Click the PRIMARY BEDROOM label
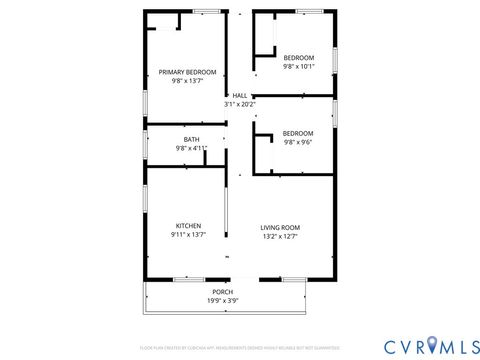[x=187, y=72]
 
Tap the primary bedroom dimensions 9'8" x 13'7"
[x=187, y=81]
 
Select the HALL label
[x=240, y=95]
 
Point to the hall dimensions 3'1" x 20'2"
[x=240, y=104]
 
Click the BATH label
[x=191, y=139]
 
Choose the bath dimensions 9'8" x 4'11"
[x=191, y=148]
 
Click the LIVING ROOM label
[x=281, y=227]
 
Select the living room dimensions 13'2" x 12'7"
[x=281, y=236]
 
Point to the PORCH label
[x=222, y=291]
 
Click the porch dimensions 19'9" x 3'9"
[x=222, y=300]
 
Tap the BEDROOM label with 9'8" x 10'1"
[x=298, y=57]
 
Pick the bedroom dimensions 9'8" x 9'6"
[x=298, y=143]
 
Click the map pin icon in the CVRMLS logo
[x=432, y=345]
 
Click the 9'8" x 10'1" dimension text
[x=298, y=67]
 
